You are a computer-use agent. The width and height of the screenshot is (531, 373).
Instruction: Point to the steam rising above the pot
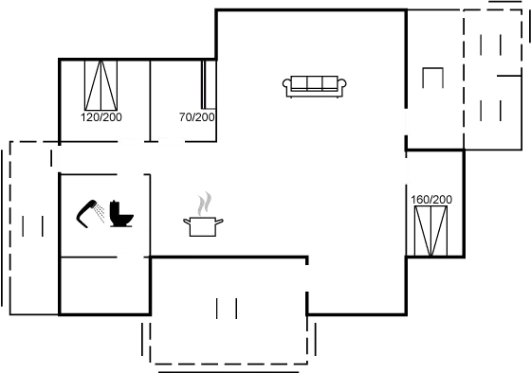click(205, 203)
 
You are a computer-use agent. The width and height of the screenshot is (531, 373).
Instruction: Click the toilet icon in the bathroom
click(121, 214)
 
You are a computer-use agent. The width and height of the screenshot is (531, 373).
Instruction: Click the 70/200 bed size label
click(196, 116)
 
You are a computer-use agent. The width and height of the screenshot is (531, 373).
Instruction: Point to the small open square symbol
click(432, 79)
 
